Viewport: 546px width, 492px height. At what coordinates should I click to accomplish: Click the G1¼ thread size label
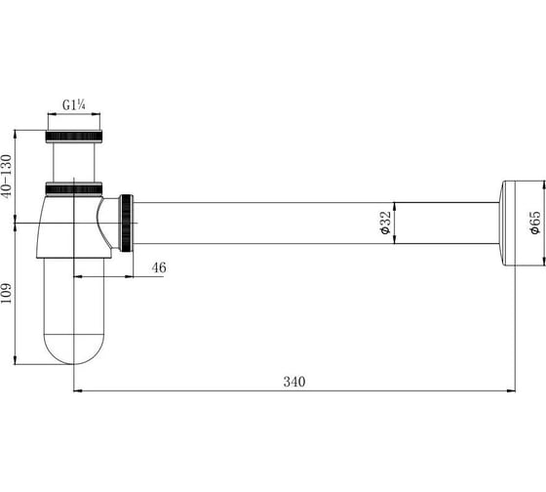click(x=74, y=105)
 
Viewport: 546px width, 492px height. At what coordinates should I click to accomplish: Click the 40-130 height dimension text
click(x=7, y=177)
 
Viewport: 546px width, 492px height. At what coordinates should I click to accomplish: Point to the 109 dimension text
click(x=6, y=293)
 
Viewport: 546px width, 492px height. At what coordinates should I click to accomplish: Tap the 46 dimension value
click(x=159, y=267)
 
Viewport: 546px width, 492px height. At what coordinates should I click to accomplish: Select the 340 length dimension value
click(x=294, y=382)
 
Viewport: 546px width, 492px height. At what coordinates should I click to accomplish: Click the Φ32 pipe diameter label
click(x=386, y=223)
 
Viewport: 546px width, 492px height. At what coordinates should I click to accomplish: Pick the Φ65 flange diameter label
click(x=535, y=223)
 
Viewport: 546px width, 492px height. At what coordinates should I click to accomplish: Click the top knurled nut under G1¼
click(x=74, y=136)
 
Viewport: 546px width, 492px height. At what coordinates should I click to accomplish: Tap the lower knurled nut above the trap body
click(x=74, y=188)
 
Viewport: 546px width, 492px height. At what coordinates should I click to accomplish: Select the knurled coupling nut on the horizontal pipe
click(x=127, y=223)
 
